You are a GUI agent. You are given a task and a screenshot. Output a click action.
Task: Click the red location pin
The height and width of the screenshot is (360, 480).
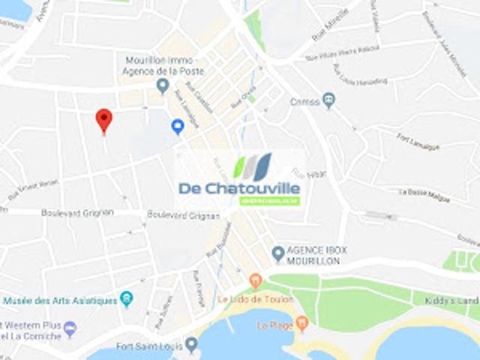point(103,120)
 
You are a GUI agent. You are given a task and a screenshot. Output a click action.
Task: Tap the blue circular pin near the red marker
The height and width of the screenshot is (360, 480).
point(178,127)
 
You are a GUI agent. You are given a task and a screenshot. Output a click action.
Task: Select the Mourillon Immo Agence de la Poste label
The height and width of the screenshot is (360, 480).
point(160,66)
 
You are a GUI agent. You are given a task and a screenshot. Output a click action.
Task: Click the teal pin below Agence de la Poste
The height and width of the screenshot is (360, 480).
point(163,85)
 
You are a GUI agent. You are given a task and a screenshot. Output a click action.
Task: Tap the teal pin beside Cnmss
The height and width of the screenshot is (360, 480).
point(328,100)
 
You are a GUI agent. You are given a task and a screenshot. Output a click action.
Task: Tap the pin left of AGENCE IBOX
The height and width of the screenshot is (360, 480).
point(278,253)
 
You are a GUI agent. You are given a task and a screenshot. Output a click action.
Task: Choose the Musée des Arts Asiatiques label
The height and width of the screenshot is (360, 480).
point(60,301)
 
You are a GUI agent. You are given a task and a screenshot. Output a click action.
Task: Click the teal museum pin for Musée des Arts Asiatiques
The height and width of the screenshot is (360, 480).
point(126,299)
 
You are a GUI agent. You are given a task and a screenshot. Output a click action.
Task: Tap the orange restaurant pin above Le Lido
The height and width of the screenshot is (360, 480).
point(255,281)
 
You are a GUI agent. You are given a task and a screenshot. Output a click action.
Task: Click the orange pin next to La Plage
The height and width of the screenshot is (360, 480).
point(302,324)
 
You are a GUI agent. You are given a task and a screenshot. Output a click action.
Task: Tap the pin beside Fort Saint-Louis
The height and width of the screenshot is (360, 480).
point(191,345)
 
